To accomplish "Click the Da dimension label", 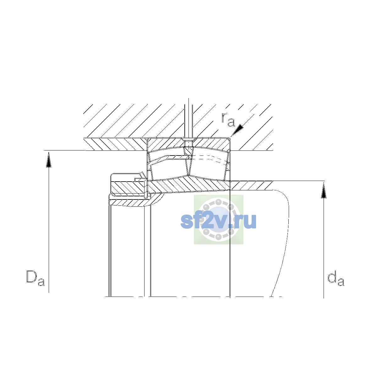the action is pos(36,278).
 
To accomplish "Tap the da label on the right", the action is pos(336,278).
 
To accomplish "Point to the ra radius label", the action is pos(228,119).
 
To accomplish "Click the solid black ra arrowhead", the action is pos(237,130).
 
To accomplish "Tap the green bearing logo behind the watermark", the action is pos(219,220).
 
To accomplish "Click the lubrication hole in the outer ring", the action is pos(188,144).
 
